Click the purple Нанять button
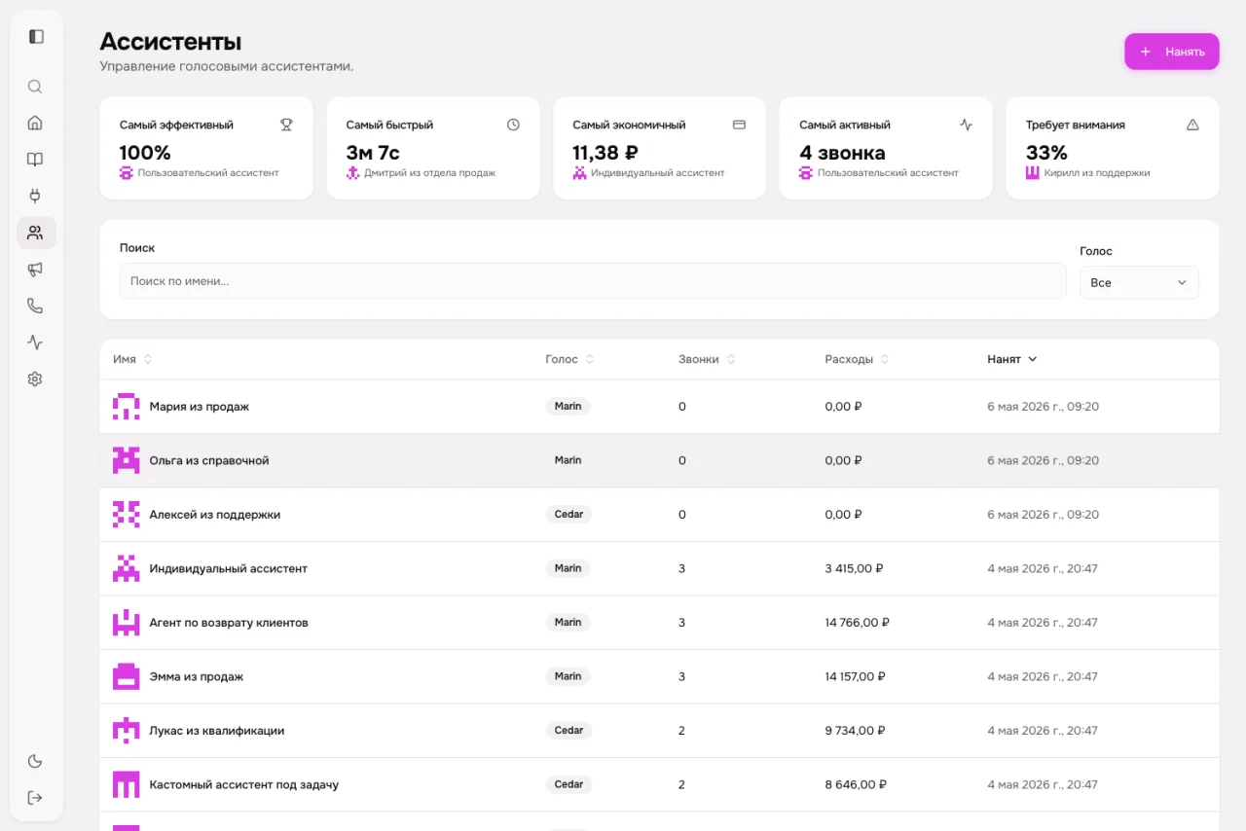[1171, 52]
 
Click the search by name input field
[593, 281]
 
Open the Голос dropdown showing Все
[1139, 282]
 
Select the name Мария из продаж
[200, 407]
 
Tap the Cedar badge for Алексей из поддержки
[568, 515]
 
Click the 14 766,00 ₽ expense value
[857, 623]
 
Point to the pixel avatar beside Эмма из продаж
[127, 676]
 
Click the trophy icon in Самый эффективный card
[286, 125]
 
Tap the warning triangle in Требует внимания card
[1192, 125]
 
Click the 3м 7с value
[373, 152]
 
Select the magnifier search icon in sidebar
[35, 87]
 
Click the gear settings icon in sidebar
[35, 379]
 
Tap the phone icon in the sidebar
[35, 306]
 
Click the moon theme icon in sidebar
[35, 761]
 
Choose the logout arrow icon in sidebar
[35, 798]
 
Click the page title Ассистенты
[170, 42]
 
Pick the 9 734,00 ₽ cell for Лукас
[855, 731]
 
